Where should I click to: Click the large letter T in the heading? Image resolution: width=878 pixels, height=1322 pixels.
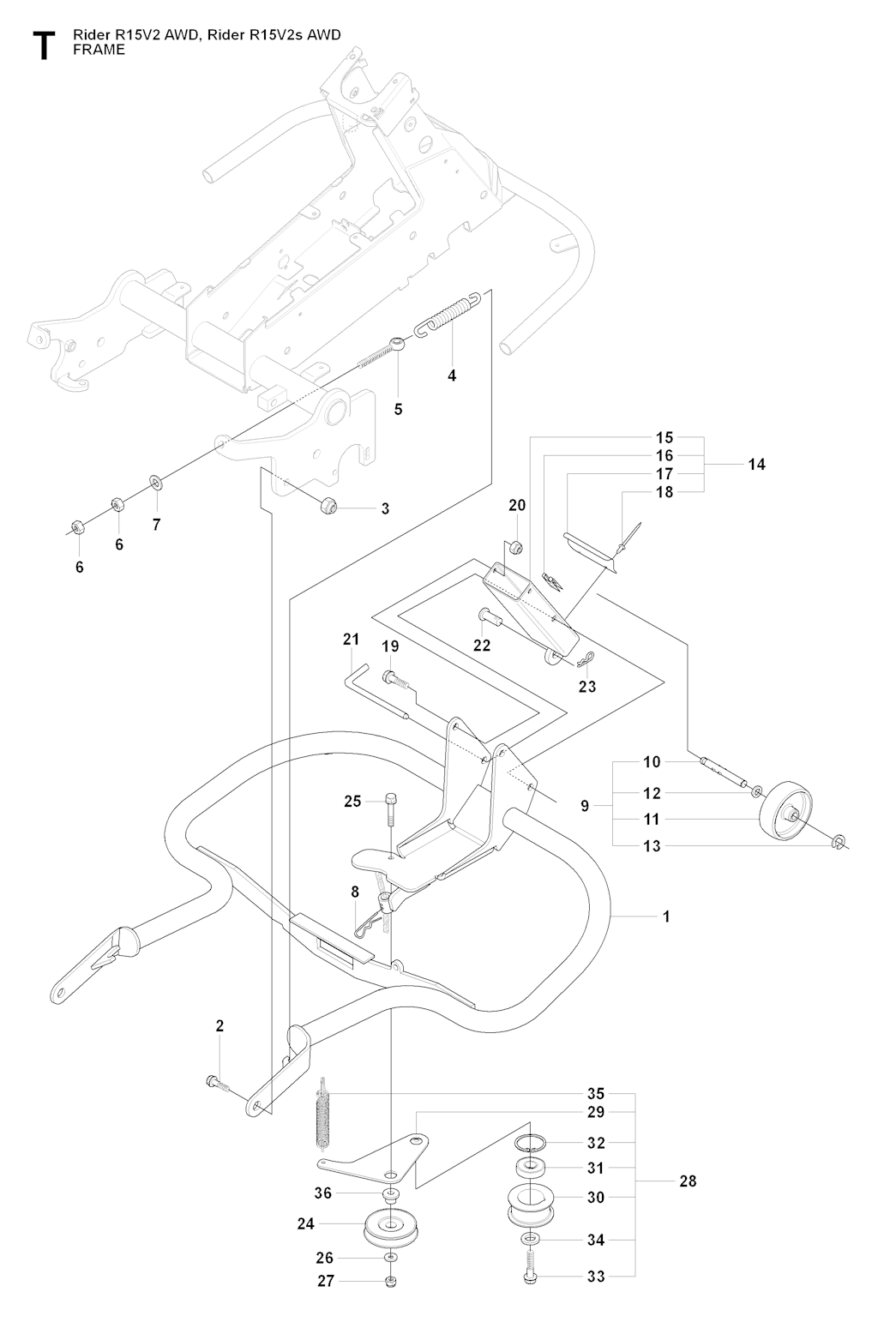44,45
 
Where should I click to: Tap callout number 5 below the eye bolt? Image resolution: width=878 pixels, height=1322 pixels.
398,409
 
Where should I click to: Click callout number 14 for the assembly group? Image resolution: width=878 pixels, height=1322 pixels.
755,465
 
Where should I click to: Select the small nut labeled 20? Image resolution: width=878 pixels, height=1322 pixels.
517,546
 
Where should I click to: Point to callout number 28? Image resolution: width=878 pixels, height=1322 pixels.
688,1181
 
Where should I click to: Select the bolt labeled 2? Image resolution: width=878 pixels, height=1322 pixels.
218,1082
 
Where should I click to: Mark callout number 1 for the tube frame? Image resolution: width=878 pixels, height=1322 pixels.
666,916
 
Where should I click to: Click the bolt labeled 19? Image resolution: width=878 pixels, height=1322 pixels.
394,678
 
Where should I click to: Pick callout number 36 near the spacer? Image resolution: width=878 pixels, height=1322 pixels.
322,1193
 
